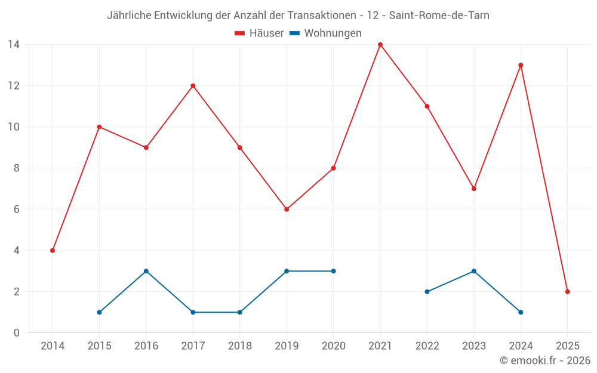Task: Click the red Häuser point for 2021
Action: (380, 45)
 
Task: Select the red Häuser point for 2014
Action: (53, 251)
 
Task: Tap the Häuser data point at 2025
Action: (567, 292)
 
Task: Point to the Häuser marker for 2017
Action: (193, 86)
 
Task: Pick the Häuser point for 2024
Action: (521, 65)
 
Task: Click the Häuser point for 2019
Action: (287, 209)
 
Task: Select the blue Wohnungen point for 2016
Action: (146, 271)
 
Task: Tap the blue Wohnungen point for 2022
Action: (427, 292)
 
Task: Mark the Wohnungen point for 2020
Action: (333, 271)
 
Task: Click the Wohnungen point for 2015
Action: (99, 312)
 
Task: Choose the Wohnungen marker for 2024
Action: (521, 312)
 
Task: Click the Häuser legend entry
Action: (259, 33)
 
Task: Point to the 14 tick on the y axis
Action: (14, 45)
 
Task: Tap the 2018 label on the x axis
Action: (239, 346)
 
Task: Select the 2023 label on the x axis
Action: (473, 346)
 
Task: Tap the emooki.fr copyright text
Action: (544, 360)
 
